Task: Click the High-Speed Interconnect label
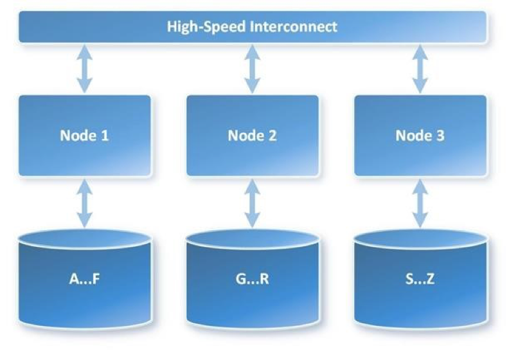click(252, 27)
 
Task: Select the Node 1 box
click(85, 136)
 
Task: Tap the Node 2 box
click(253, 136)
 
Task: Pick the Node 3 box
click(420, 136)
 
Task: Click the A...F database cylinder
click(85, 280)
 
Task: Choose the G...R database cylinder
click(253, 280)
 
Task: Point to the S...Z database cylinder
click(420, 280)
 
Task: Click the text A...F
click(85, 280)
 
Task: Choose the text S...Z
click(420, 280)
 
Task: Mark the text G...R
click(253, 280)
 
